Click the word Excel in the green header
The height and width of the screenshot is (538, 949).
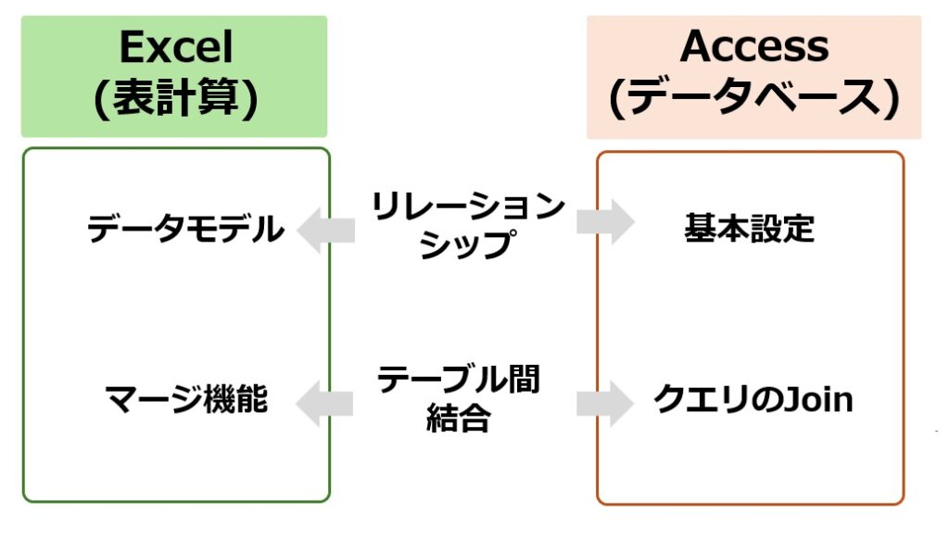click(176, 47)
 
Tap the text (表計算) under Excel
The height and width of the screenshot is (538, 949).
click(175, 98)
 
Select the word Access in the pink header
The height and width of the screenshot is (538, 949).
click(754, 46)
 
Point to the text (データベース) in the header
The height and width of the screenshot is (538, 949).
click(754, 98)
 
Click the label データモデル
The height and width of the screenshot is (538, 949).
click(185, 229)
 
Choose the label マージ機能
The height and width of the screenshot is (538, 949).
click(186, 399)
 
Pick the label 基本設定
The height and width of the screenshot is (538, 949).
click(749, 229)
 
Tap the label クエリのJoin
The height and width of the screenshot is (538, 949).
click(753, 399)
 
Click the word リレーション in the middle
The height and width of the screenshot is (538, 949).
click(468, 206)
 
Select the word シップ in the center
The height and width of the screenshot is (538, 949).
click(468, 244)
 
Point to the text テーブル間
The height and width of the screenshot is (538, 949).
click(458, 380)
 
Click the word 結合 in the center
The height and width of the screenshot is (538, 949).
click(458, 418)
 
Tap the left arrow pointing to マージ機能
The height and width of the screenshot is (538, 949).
click(324, 404)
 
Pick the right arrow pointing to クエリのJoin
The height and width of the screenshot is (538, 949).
click(605, 404)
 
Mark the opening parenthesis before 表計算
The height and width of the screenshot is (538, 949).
click(100, 99)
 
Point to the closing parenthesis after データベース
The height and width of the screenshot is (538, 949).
click(892, 99)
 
